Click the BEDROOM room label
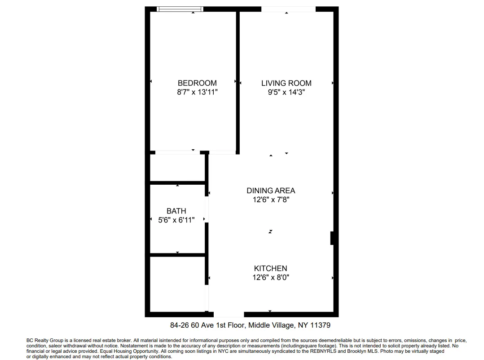click(197, 83)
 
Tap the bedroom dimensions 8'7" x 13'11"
click(197, 93)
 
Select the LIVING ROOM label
click(286, 83)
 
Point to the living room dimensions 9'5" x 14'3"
click(286, 93)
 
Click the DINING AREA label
click(271, 191)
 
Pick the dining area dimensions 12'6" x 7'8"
click(271, 200)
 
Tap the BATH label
click(176, 211)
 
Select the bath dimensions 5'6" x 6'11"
click(176, 220)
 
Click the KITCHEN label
click(270, 268)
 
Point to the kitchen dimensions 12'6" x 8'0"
click(270, 278)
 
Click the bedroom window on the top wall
click(180, 9)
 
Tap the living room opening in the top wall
click(288, 9)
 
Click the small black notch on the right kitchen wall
click(332, 238)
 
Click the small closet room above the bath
click(177, 168)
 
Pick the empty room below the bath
click(177, 284)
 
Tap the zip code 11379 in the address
click(321, 325)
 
